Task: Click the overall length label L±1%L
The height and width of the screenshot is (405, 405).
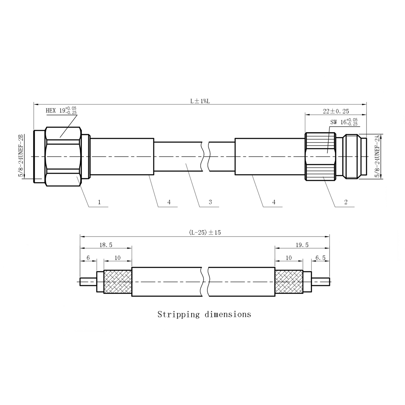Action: pos(200,101)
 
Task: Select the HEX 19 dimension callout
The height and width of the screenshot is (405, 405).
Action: pos(61,111)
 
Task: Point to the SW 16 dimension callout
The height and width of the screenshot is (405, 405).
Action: pos(344,122)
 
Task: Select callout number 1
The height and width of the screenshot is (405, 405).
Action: pos(99,202)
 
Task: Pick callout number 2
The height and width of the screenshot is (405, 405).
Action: pos(346,202)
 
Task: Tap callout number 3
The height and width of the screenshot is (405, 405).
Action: pos(210,202)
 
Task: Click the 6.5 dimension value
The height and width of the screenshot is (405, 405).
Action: pos(320,258)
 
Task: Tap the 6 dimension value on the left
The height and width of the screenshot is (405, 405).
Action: pos(88,258)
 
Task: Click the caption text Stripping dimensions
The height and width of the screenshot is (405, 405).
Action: pos(204,314)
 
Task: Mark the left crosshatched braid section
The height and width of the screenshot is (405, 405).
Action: pos(118,282)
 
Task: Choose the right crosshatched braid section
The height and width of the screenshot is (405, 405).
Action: pos(289,282)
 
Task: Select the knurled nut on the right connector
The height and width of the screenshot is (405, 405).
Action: pos(320,156)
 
